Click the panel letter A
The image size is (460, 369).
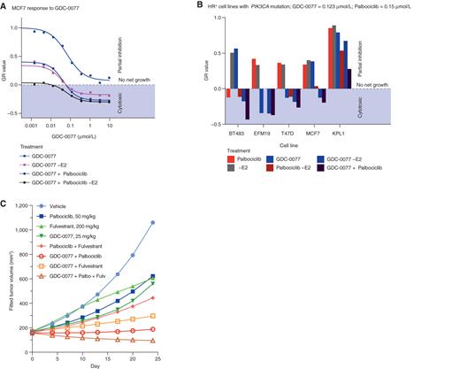[4, 5]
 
